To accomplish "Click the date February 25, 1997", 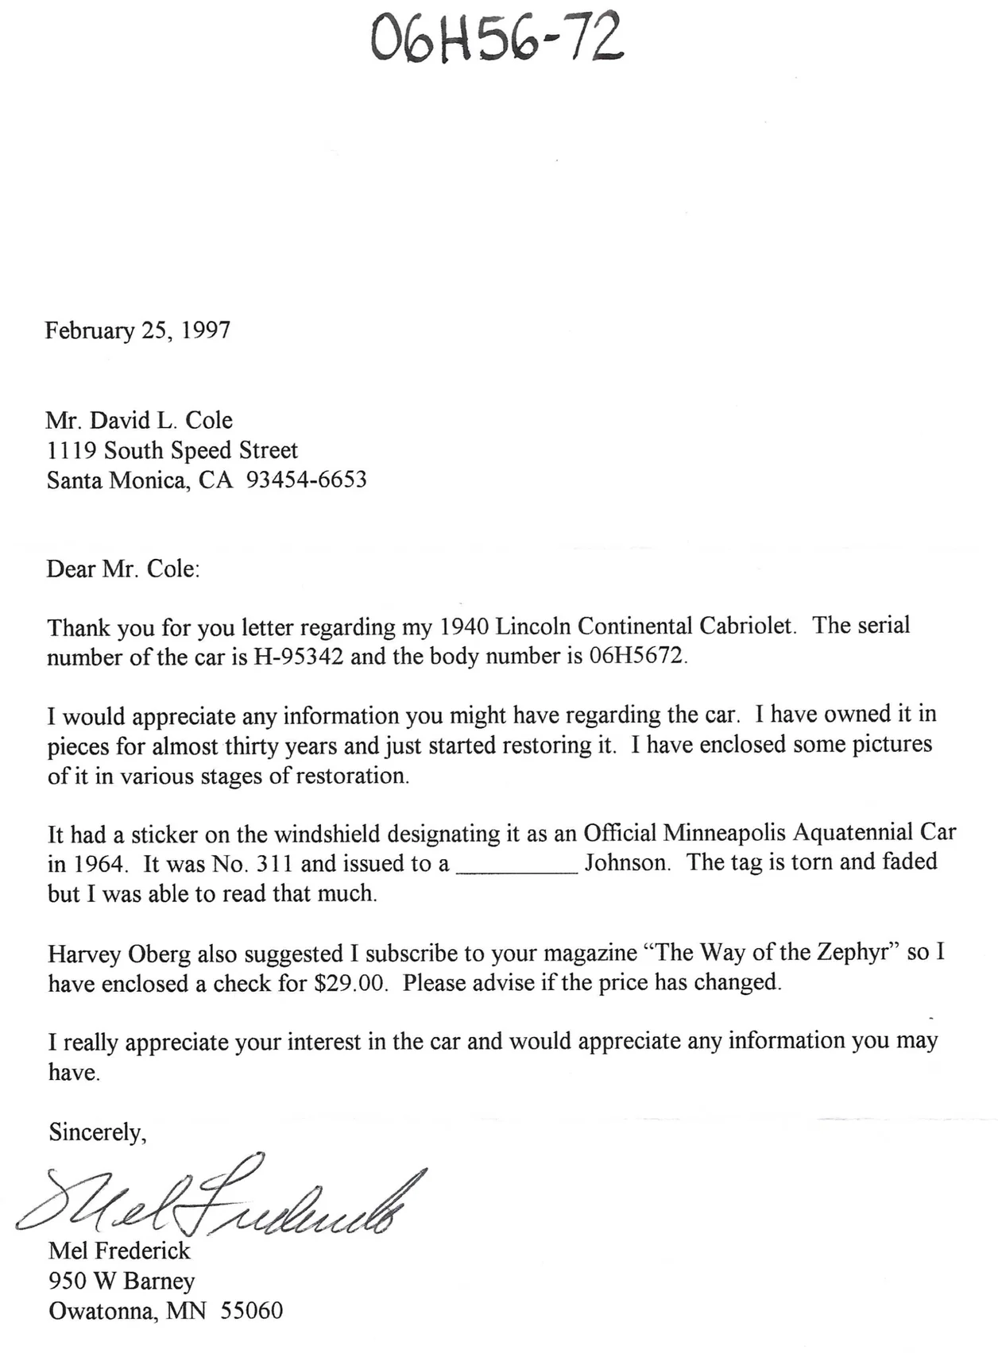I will click(137, 330).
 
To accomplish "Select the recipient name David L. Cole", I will click(161, 420).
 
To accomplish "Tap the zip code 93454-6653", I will click(307, 480).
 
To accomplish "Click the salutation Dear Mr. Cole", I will click(123, 569).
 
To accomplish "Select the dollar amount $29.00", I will click(351, 983).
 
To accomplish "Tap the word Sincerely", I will click(97, 1131).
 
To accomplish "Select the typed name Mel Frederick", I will click(119, 1251).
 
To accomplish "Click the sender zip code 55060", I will click(251, 1310).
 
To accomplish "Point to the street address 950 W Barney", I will click(122, 1281).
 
